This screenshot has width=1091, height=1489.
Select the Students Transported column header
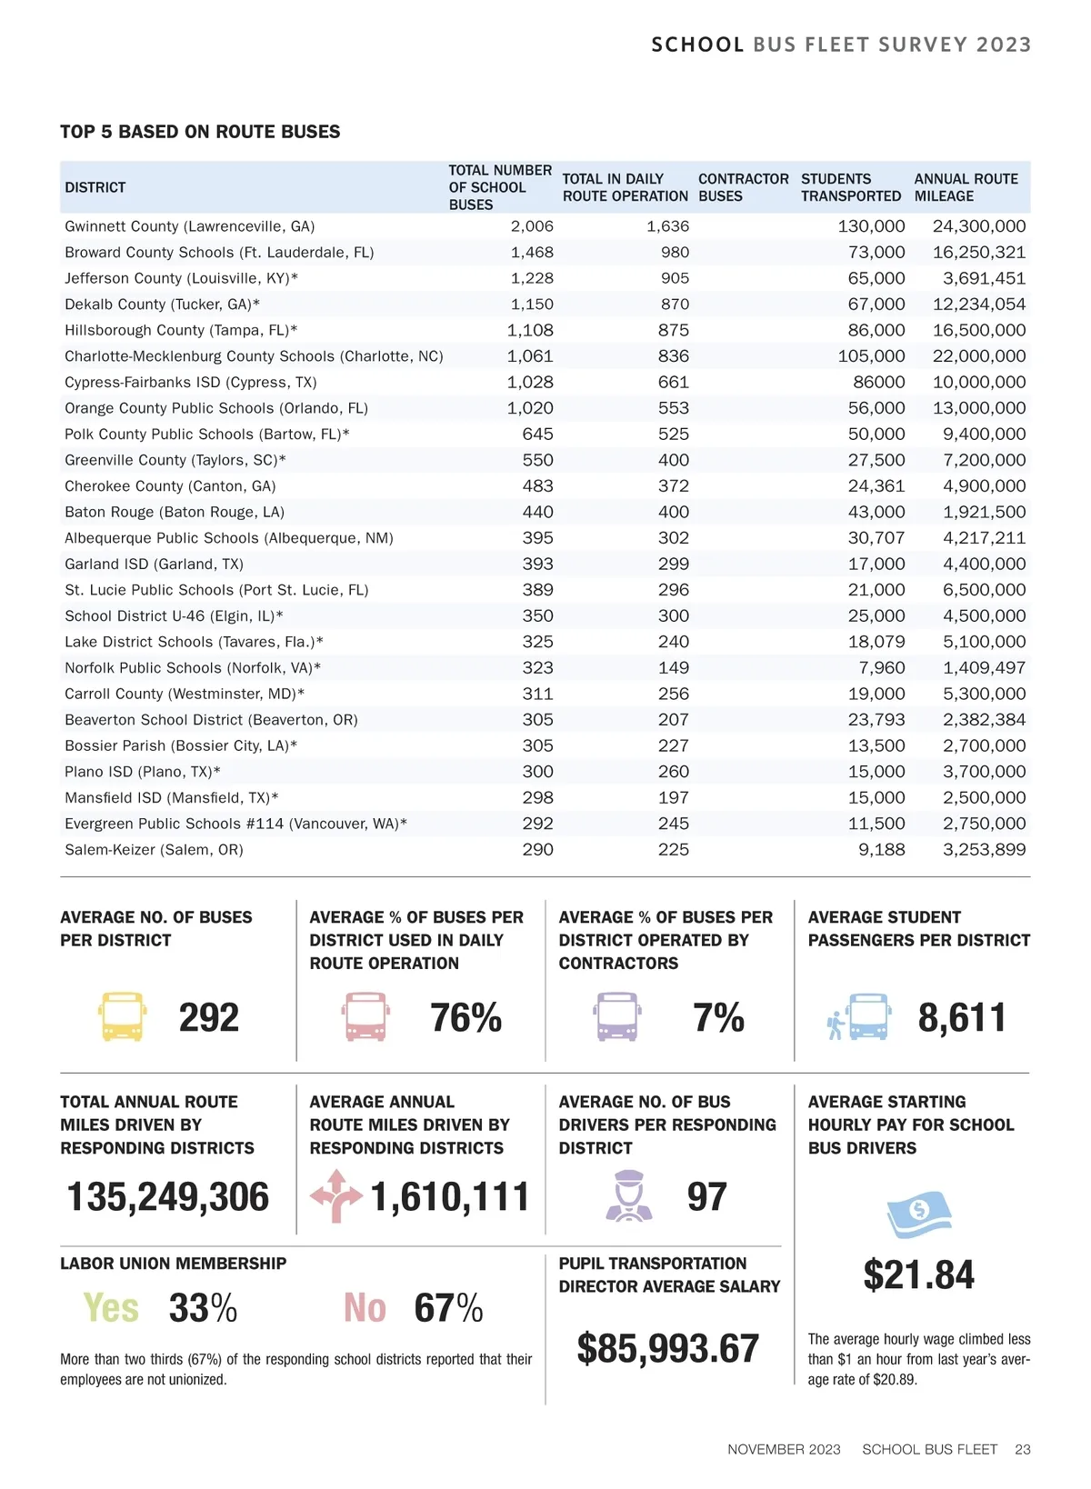tap(850, 187)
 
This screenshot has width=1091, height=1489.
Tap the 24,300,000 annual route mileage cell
tap(978, 226)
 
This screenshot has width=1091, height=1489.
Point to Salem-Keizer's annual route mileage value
tap(984, 850)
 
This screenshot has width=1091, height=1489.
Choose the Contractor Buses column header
tap(743, 187)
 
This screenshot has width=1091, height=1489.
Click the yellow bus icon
tap(122, 1017)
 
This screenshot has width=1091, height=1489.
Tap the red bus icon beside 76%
tap(365, 1017)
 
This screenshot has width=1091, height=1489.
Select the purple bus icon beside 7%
tap(616, 1017)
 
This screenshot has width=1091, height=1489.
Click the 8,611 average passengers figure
tap(962, 1017)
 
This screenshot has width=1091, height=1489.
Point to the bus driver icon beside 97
tap(628, 1196)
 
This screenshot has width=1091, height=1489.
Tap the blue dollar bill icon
tap(918, 1214)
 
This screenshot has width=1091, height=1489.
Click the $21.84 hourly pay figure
tap(918, 1274)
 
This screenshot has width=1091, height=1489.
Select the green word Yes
tap(111, 1308)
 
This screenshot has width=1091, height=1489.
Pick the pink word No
tap(365, 1308)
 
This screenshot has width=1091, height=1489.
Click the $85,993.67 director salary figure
tap(667, 1348)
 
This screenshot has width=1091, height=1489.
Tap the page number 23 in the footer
tap(1022, 1449)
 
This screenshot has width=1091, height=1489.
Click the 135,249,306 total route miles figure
tap(168, 1196)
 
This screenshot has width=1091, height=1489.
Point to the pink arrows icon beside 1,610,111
tap(335, 1195)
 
